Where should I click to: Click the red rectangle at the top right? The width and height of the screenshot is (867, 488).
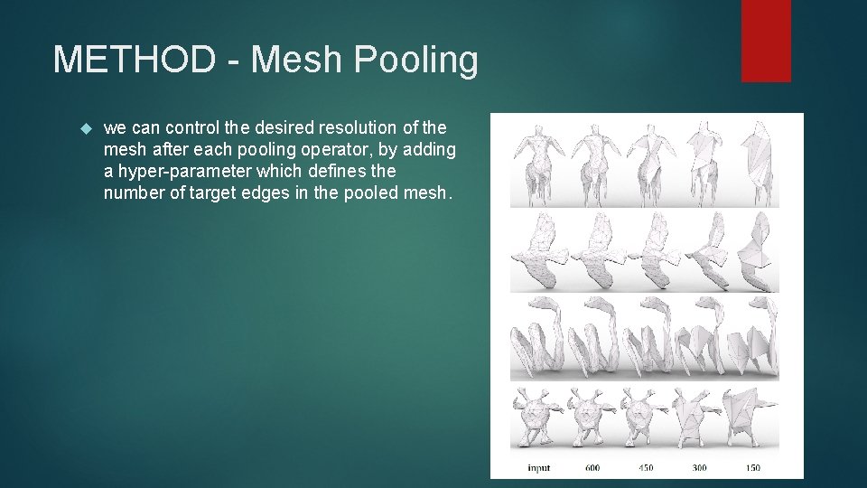point(766,40)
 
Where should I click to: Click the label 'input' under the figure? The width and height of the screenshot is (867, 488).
point(540,467)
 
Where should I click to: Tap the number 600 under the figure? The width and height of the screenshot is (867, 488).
point(592,467)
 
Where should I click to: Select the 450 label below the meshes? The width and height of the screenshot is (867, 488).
point(646,467)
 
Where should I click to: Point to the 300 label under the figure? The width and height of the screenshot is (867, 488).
point(699,467)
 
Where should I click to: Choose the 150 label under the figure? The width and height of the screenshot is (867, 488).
point(752,467)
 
